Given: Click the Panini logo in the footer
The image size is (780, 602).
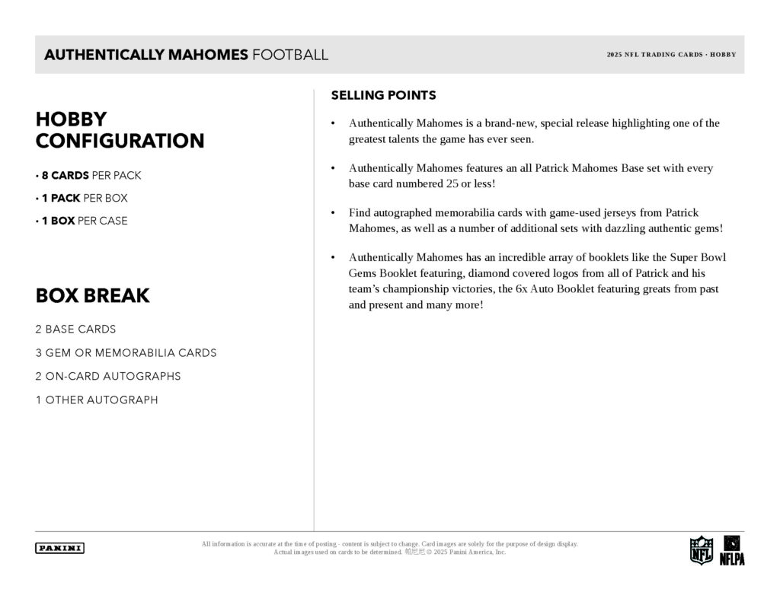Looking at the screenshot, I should [59, 548].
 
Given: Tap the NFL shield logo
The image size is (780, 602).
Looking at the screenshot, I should [701, 549].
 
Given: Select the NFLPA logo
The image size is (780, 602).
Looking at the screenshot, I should [732, 549].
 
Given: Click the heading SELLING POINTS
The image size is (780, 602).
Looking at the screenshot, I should [383, 95].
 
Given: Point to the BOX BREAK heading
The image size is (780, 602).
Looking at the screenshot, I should [92, 296].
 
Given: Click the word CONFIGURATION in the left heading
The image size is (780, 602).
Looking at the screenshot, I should [120, 141].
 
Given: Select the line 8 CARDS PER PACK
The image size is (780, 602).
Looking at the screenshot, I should [88, 175].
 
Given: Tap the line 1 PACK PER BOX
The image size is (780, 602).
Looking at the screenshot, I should [82, 198].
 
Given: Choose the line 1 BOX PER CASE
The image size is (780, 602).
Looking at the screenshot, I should [82, 221].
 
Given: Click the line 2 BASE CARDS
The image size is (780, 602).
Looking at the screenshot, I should [75, 330].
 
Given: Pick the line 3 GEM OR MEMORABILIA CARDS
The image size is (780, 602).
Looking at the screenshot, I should [126, 352].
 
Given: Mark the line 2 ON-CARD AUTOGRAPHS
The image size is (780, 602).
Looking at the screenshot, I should [108, 376].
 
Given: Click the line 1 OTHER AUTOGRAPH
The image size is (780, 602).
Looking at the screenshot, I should [97, 400].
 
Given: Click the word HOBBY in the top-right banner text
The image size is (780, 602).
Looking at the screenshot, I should [723, 55].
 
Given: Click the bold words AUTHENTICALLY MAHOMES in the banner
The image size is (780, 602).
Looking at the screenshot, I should [146, 55].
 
